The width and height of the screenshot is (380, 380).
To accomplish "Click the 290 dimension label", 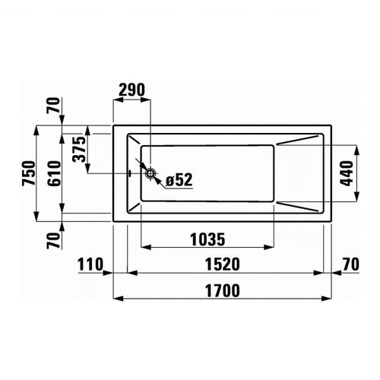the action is [131, 90].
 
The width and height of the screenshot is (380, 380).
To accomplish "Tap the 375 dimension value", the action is [79, 149].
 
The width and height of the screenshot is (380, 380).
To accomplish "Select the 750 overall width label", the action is [28, 173].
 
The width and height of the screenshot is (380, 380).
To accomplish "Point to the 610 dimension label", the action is [55, 173].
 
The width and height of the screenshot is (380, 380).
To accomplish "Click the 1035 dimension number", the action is [207, 239].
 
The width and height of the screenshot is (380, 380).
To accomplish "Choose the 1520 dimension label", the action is [222, 264].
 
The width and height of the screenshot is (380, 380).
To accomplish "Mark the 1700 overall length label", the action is [222, 290].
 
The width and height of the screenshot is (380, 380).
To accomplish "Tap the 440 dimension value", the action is [347, 173].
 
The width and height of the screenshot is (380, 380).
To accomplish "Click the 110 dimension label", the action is [90, 264].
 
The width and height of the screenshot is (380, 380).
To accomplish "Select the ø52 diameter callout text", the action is [179, 180].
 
